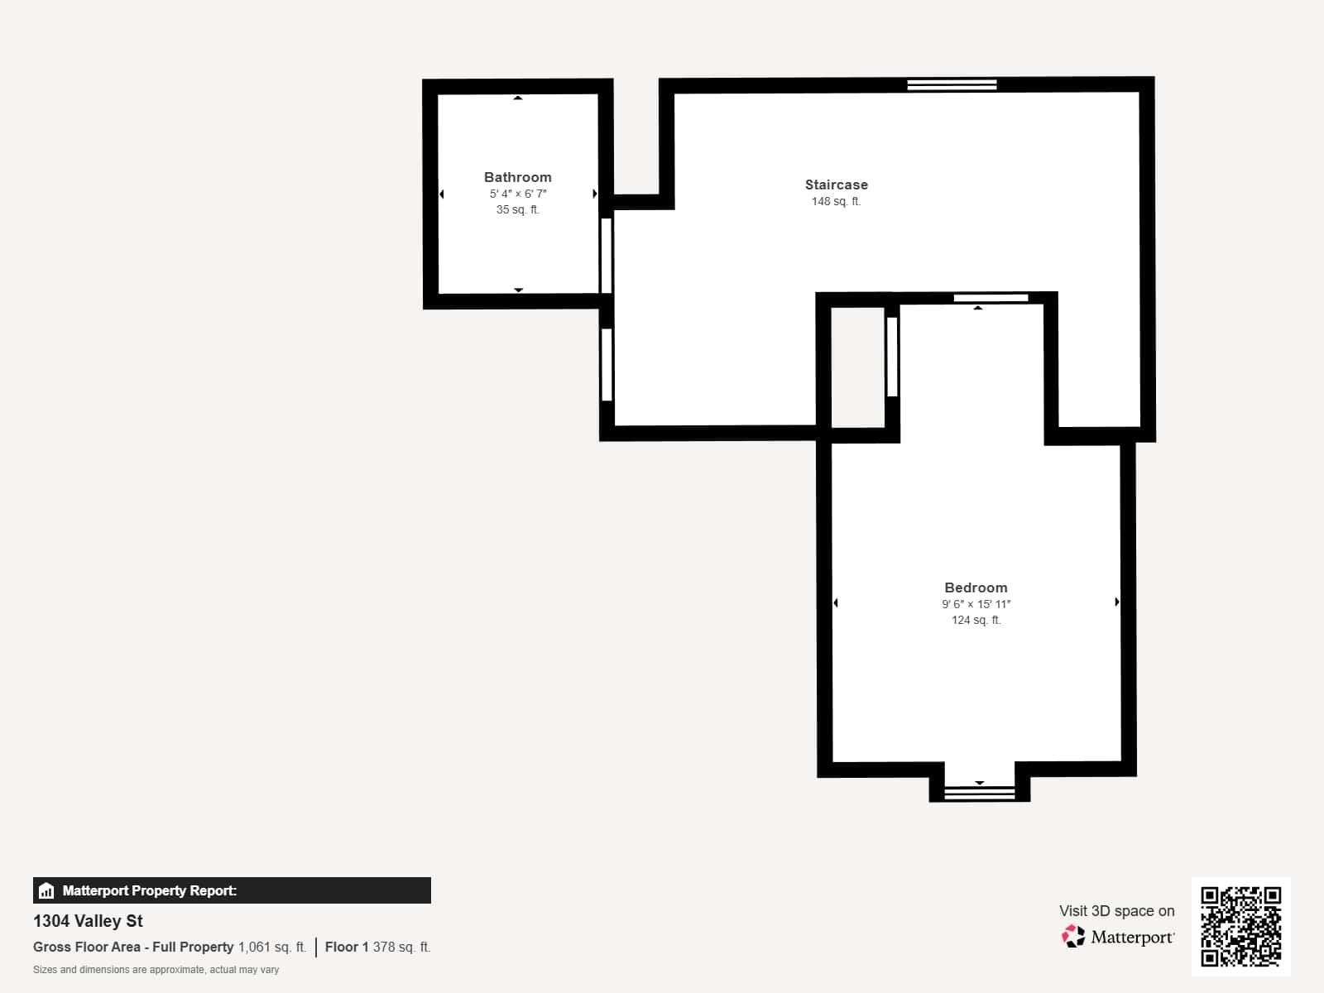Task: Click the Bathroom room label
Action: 517,177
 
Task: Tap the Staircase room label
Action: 836,185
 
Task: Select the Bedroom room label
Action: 976,588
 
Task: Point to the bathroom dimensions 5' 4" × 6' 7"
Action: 517,194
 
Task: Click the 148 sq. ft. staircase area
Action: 836,201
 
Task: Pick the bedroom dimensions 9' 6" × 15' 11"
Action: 976,604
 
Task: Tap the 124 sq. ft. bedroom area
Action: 976,620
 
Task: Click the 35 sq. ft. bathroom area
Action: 517,209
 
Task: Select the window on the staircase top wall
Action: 952,84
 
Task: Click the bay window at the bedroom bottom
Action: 979,793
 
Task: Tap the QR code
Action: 1240,926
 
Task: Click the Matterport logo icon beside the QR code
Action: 1073,937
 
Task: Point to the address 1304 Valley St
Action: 88,921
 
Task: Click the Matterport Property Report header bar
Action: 232,890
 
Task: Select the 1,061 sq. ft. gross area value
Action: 271,947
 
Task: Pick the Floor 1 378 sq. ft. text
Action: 377,947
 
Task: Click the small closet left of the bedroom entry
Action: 857,367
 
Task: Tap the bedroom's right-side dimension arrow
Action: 1116,602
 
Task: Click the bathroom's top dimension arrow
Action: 518,98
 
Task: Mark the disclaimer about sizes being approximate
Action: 156,970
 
